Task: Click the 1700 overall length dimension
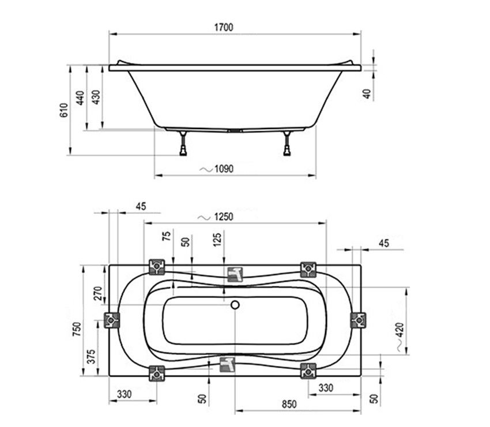(224, 27)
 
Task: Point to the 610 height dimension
(63, 110)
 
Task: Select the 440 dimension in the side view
(80, 98)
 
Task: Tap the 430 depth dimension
(97, 97)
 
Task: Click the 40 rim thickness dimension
(367, 94)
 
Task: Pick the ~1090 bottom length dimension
(217, 169)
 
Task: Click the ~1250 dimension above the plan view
(216, 217)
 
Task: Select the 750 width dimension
(77, 329)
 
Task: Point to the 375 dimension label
(91, 356)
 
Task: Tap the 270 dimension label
(98, 293)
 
